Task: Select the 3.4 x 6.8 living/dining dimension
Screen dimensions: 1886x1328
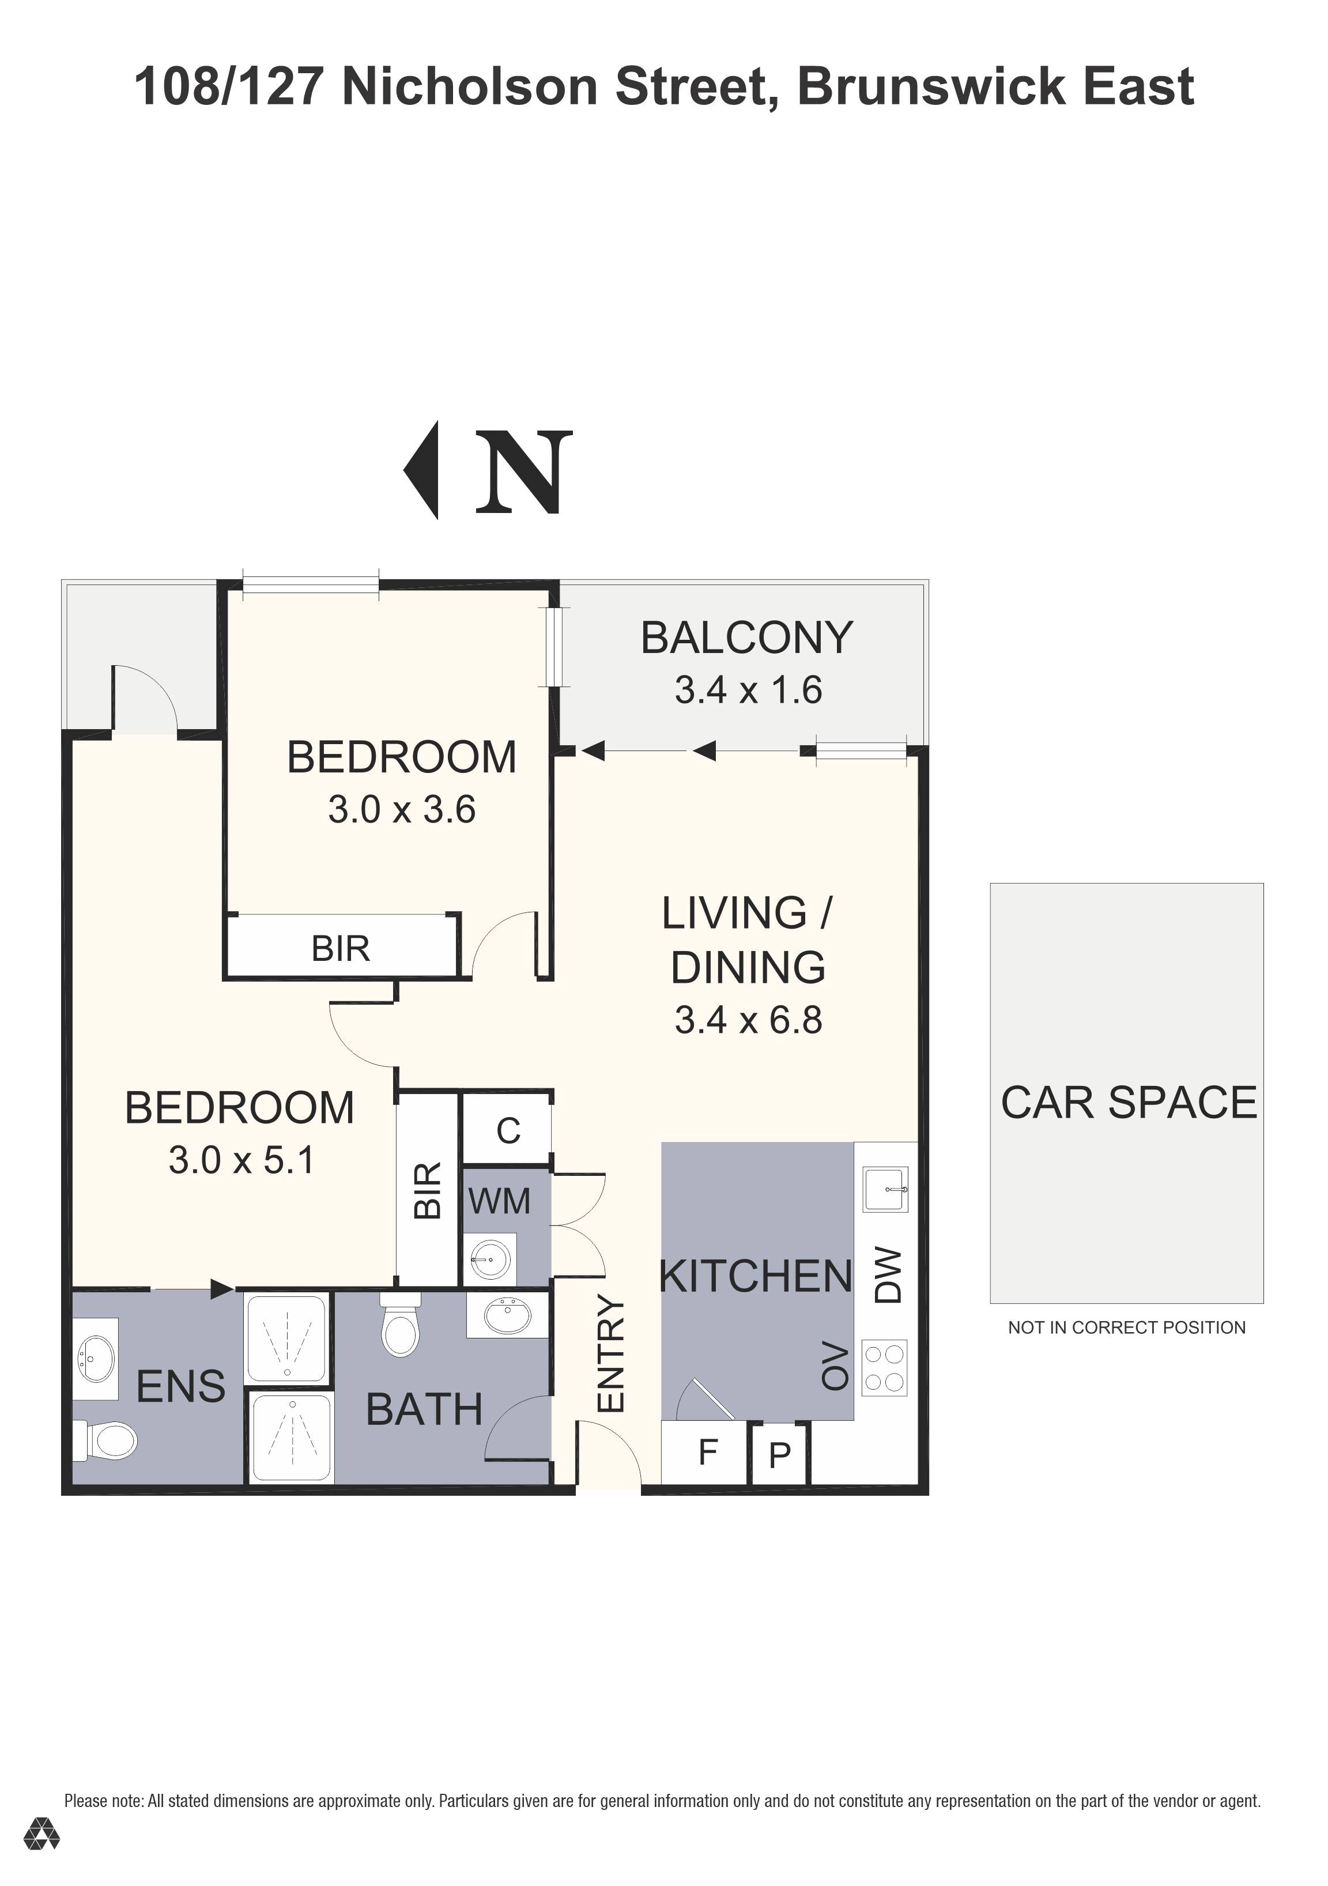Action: pyautogui.click(x=748, y=1020)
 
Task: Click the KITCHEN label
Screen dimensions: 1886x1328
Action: pyautogui.click(x=756, y=1277)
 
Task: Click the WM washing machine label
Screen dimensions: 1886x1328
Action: pyautogui.click(x=499, y=1202)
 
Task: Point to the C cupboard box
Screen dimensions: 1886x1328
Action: pyautogui.click(x=508, y=1131)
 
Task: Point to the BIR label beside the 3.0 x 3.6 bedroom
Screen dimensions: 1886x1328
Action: pyautogui.click(x=340, y=949)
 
